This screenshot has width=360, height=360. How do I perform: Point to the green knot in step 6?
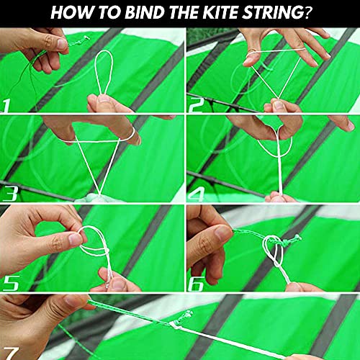coord(287,244)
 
